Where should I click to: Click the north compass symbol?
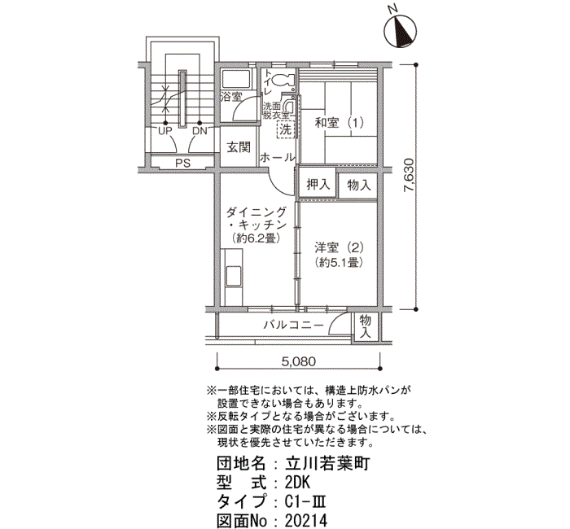click(401, 32)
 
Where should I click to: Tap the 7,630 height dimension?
click(409, 175)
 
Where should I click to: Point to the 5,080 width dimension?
click(299, 361)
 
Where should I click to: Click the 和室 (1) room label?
click(340, 122)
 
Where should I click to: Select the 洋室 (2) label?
click(340, 247)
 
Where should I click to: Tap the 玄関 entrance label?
click(239, 147)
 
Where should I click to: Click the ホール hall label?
click(278, 157)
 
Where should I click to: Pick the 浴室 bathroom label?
click(231, 97)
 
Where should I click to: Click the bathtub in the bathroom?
click(236, 79)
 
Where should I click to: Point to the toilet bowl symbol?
click(283, 80)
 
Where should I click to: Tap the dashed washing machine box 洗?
click(286, 129)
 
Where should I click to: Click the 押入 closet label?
click(318, 185)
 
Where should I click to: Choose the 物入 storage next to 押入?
click(358, 185)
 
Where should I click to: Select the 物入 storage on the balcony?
click(365, 326)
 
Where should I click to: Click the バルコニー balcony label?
click(293, 325)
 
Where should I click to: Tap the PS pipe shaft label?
click(183, 163)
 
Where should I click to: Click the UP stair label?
click(165, 131)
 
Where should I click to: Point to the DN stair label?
click(199, 131)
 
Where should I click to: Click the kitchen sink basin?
click(234, 277)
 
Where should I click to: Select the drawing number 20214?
click(306, 520)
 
